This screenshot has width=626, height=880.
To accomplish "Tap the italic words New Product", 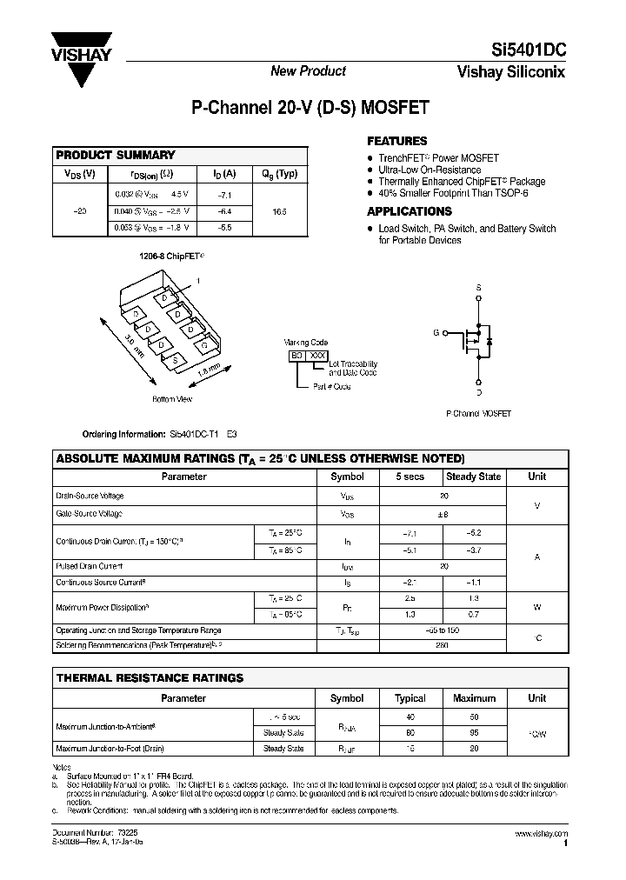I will [x=308, y=71].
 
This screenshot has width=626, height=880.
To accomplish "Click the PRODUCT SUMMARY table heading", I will [x=116, y=155].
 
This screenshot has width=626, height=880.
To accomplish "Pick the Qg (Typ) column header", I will [x=279, y=174].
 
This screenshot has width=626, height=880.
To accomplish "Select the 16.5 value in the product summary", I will [x=278, y=211].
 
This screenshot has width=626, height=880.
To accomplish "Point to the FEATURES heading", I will [x=396, y=141].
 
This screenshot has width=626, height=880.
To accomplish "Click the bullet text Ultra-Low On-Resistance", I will [x=430, y=170].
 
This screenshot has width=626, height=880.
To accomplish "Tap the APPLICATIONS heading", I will [x=409, y=211].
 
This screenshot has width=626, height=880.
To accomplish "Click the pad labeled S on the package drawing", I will [x=176, y=358].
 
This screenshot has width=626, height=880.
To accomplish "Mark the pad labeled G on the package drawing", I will [x=203, y=345].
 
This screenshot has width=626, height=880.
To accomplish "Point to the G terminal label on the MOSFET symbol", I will [x=437, y=332].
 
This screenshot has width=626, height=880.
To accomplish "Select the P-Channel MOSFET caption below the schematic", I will [x=478, y=415].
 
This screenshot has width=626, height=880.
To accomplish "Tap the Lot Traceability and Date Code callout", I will [x=353, y=368].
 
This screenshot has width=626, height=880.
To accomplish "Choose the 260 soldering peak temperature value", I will [x=443, y=645].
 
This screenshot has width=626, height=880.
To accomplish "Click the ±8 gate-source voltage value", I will [x=443, y=514].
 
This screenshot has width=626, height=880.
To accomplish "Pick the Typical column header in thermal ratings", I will [x=410, y=697].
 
